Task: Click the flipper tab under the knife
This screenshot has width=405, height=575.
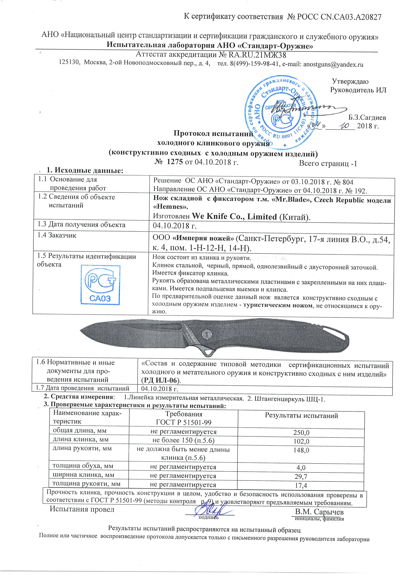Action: (207, 353)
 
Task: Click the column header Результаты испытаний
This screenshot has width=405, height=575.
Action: (301, 416)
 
